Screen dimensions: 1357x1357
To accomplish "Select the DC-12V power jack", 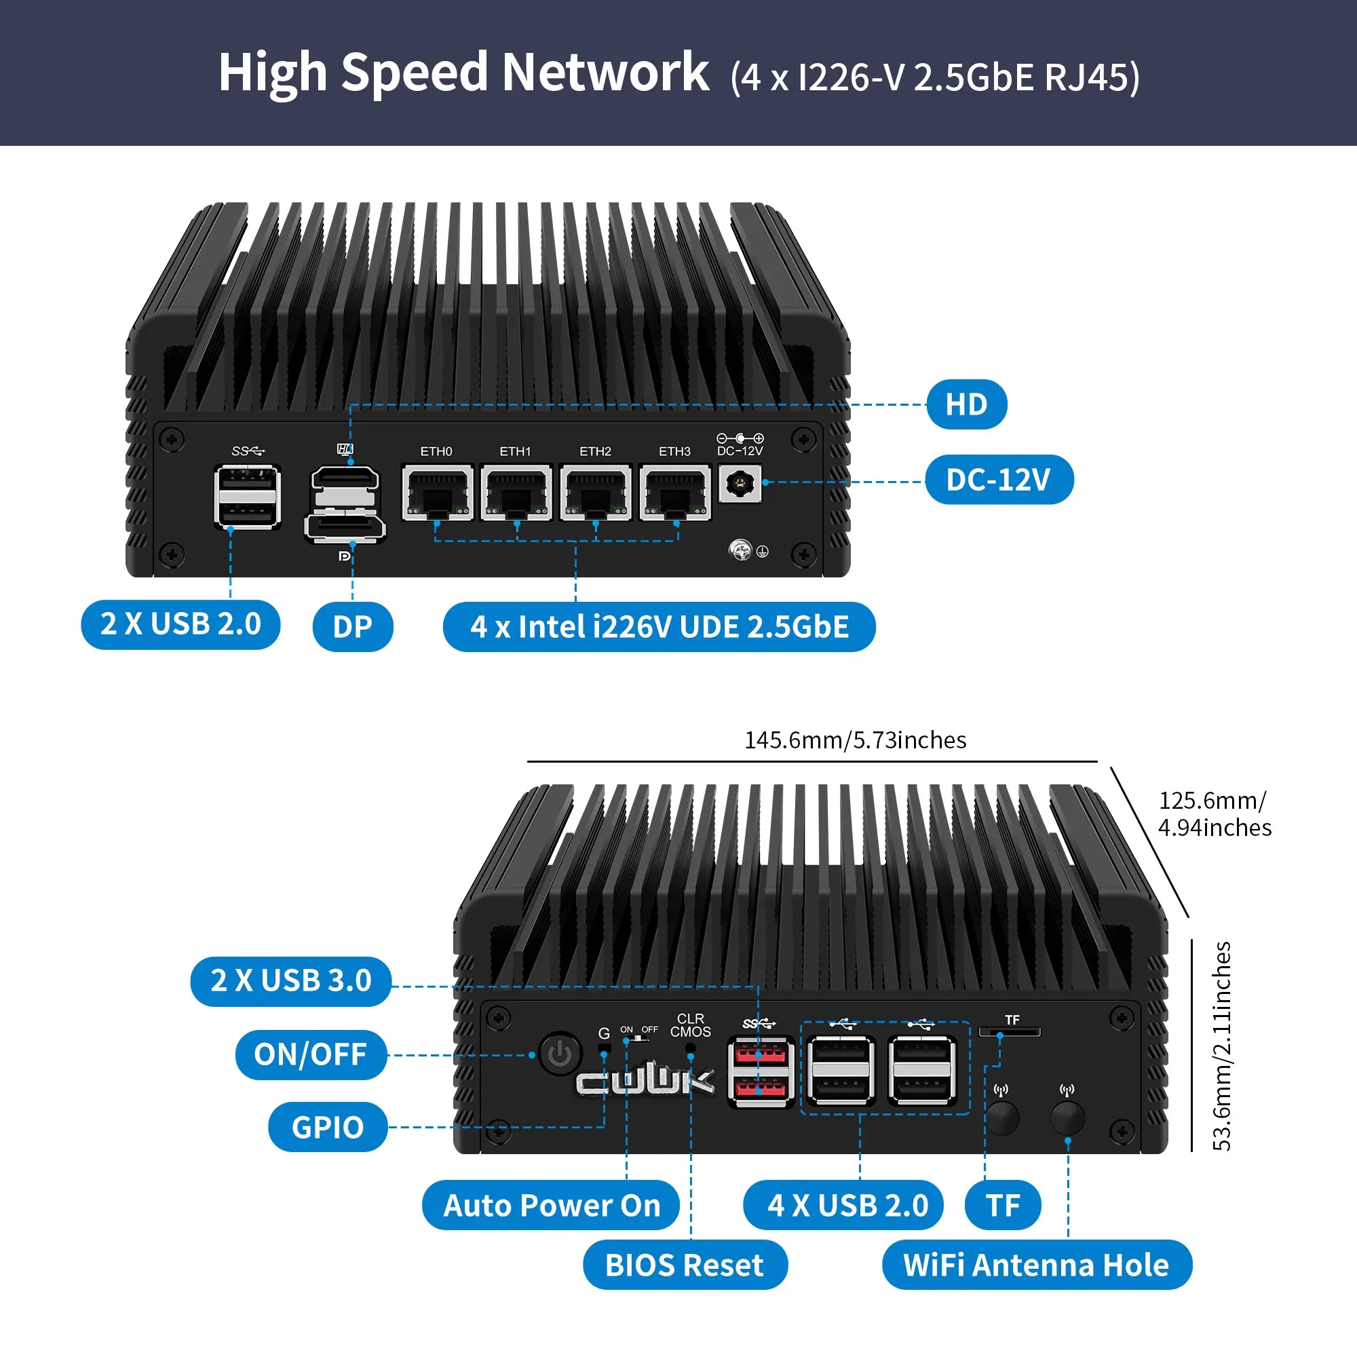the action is tap(740, 483).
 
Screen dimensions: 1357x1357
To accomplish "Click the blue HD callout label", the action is tap(966, 404).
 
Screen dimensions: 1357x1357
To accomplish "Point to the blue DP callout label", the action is tap(353, 626).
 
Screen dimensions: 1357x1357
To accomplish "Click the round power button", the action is tap(560, 1054).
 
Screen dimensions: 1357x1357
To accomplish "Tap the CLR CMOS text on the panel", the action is tap(691, 1025).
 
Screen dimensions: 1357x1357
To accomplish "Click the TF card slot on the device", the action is tap(1010, 1032).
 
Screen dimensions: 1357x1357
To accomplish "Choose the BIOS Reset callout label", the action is tap(685, 1265).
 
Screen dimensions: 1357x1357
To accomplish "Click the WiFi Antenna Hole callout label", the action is tap(1037, 1265).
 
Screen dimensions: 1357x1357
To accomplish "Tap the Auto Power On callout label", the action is tap(552, 1205).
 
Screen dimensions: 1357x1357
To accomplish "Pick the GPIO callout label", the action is tap(328, 1127).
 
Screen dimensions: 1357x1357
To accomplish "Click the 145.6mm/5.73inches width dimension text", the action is tap(855, 740).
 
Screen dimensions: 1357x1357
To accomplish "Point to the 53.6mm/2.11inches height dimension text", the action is tap(1222, 1046).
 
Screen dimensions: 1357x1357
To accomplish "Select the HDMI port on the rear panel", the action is tap(345, 478).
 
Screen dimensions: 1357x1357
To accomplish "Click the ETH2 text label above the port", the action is tap(596, 451).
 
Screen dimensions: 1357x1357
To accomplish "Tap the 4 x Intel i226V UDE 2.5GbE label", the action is tap(659, 626).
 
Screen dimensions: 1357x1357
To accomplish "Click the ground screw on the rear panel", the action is tap(740, 550).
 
